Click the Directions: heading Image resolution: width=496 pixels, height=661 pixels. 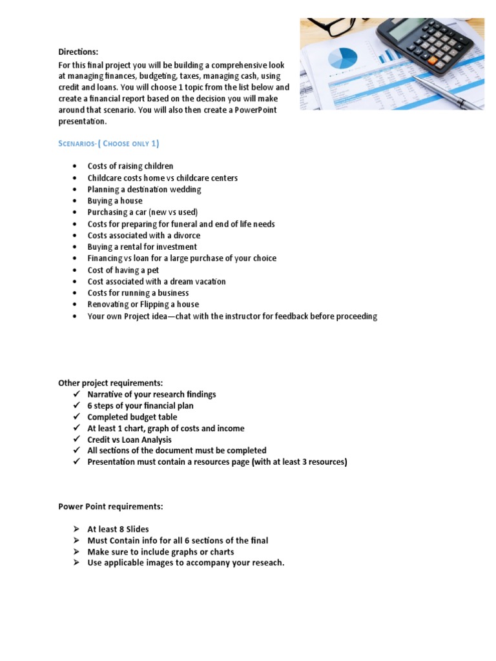tap(79, 52)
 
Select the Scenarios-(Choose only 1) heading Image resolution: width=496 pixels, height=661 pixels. tap(108, 143)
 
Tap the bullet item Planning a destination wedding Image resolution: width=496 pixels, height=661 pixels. tap(144, 189)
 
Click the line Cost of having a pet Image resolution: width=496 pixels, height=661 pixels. tap(123, 270)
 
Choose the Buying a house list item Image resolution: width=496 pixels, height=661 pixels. tap(115, 201)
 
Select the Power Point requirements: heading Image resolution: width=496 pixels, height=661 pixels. tap(110, 507)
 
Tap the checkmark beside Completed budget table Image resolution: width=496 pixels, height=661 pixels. tap(76, 417)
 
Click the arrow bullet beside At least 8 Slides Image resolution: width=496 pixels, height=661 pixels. tap(76, 529)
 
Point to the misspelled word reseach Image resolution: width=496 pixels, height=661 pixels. tap(265, 562)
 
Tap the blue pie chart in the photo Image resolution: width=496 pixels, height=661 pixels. tap(342, 58)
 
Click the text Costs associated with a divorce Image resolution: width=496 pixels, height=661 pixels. tap(144, 236)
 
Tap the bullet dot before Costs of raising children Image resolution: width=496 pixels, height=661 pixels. tap(76, 167)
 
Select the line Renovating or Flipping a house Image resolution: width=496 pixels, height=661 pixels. tap(143, 304)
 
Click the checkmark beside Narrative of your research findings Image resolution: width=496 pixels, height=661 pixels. tap(76, 394)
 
